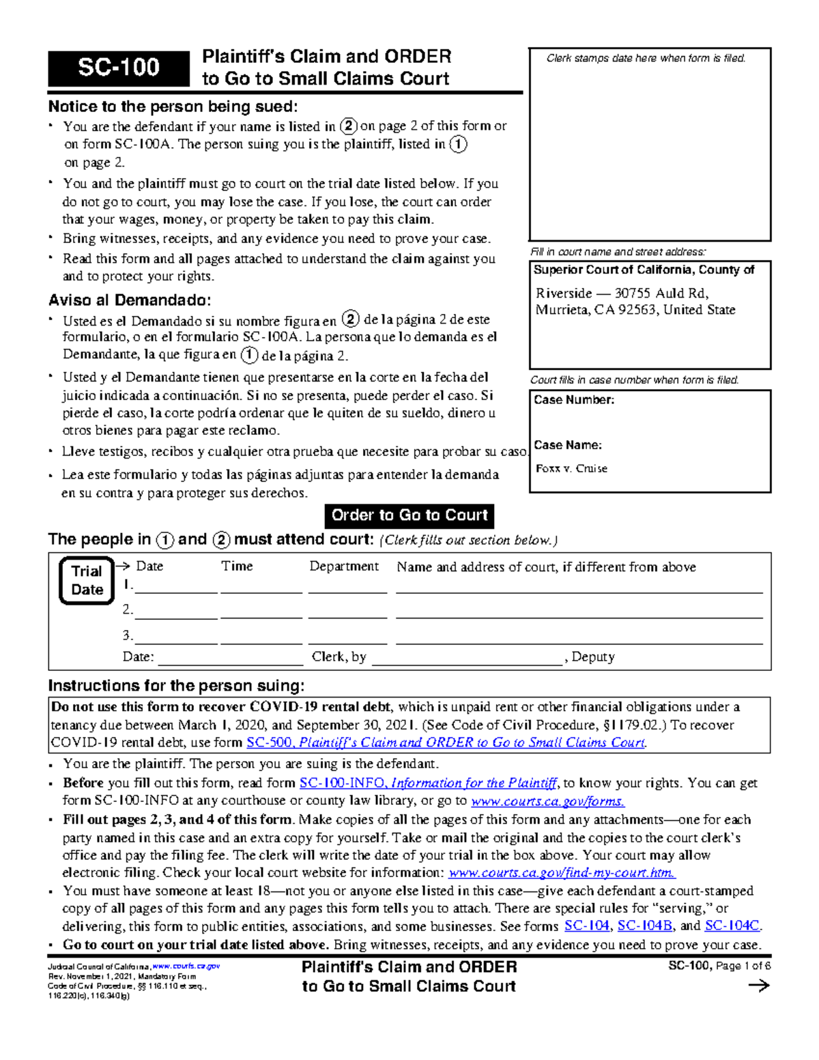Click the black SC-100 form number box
(x=118, y=68)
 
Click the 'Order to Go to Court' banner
(x=409, y=515)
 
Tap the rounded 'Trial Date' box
(x=87, y=580)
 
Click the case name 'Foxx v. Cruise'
(x=571, y=468)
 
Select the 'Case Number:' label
(x=574, y=400)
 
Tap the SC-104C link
(x=732, y=926)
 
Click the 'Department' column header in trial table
(x=344, y=567)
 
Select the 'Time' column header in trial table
(x=237, y=567)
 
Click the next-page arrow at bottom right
(x=758, y=986)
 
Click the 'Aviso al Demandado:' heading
(x=130, y=300)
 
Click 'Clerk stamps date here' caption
(x=646, y=59)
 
